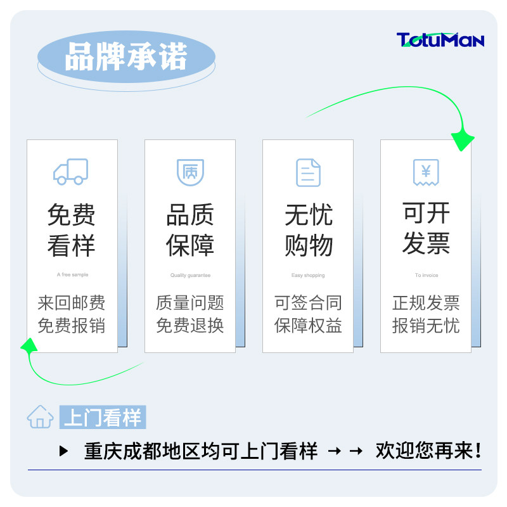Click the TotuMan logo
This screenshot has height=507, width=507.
tap(440, 41)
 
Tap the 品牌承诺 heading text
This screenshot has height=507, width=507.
tap(126, 58)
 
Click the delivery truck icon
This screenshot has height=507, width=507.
tap(71, 172)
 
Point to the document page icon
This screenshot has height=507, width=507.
tap(308, 172)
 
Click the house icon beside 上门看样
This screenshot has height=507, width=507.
tap(40, 417)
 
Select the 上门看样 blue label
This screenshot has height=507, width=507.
tap(103, 418)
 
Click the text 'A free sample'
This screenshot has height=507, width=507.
tap(72, 275)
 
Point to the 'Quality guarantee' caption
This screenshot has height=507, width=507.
tap(190, 275)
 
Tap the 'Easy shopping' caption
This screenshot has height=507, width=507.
tap(308, 275)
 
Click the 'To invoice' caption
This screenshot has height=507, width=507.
tap(426, 275)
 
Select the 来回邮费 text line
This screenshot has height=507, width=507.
tap(72, 303)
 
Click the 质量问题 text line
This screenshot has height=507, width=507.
tap(190, 303)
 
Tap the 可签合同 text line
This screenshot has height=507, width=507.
tap(308, 303)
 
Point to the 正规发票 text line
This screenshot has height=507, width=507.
tap(426, 303)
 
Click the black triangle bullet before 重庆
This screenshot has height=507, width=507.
tap(63, 451)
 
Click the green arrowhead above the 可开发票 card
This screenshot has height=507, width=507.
tap(463, 138)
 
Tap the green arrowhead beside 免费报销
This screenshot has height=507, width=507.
tap(29, 345)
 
